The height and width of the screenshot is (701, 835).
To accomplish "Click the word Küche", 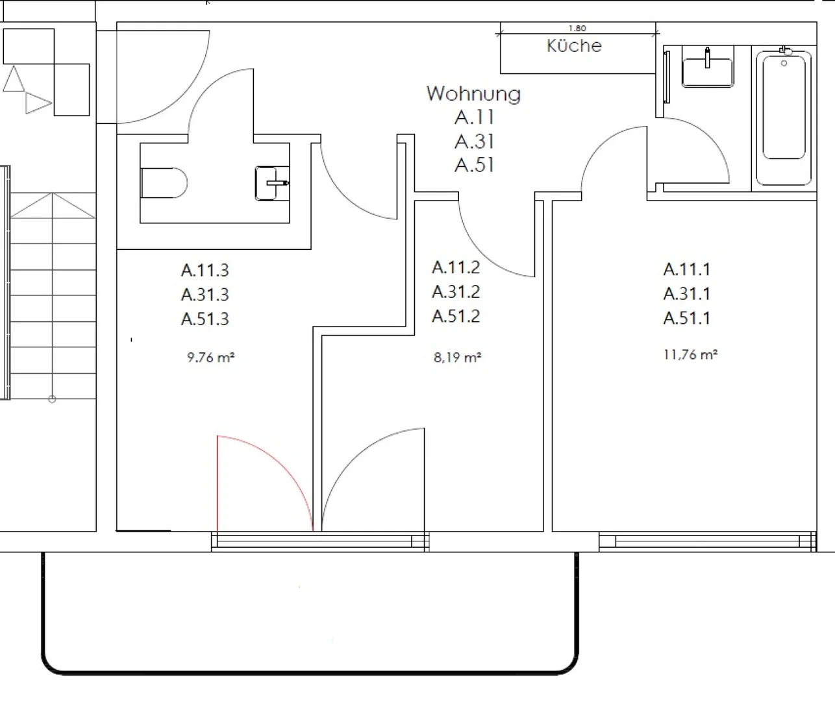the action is tap(574, 45).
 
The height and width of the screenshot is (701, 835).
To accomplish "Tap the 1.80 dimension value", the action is tap(577, 29).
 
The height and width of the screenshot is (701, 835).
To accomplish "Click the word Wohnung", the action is tap(473, 94).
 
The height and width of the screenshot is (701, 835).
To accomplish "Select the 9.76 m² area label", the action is tap(211, 357).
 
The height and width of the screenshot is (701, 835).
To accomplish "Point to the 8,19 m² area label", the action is tap(458, 357).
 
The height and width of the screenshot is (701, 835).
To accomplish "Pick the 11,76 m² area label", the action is tap(691, 354).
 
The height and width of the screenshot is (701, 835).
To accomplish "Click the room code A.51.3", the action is tap(205, 319).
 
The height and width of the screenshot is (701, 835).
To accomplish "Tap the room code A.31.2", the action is tap(456, 292).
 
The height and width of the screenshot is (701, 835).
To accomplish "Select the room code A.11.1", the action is tap(687, 269).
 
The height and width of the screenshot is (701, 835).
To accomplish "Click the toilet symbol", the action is tap(164, 183).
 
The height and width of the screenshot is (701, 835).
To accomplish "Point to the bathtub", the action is tap(784, 117).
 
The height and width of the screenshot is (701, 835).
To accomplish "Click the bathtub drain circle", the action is tap(784, 63).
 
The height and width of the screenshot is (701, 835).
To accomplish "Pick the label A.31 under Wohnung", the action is tap(474, 141).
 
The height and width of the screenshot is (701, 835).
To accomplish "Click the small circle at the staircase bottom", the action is tap(52, 399).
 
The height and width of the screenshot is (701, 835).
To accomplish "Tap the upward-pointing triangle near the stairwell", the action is tap(14, 79).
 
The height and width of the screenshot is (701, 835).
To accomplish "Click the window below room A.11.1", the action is tap(708, 541).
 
